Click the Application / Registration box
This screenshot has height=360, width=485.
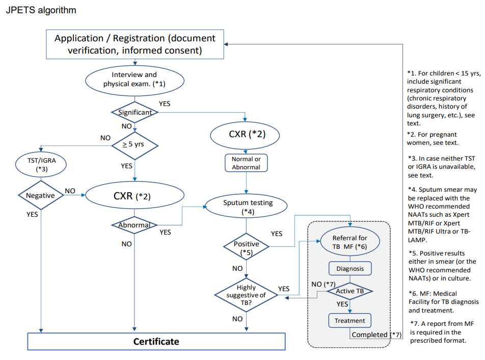(135, 44)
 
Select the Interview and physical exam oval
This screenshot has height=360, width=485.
(134, 79)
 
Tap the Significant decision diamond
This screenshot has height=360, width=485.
(135, 112)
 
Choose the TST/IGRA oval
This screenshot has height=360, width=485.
(41, 164)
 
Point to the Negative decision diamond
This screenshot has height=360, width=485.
(40, 195)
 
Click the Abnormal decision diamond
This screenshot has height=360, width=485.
(134, 225)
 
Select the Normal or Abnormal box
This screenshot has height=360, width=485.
(246, 163)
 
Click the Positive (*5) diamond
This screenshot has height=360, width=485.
(247, 247)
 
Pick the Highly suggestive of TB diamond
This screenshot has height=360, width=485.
(247, 295)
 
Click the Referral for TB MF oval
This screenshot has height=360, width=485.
(349, 242)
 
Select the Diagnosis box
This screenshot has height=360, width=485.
(349, 268)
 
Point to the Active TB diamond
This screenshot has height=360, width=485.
(349, 291)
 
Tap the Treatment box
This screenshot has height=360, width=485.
(349, 321)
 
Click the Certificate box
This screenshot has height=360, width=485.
(156, 341)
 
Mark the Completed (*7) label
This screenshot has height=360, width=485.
(376, 335)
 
